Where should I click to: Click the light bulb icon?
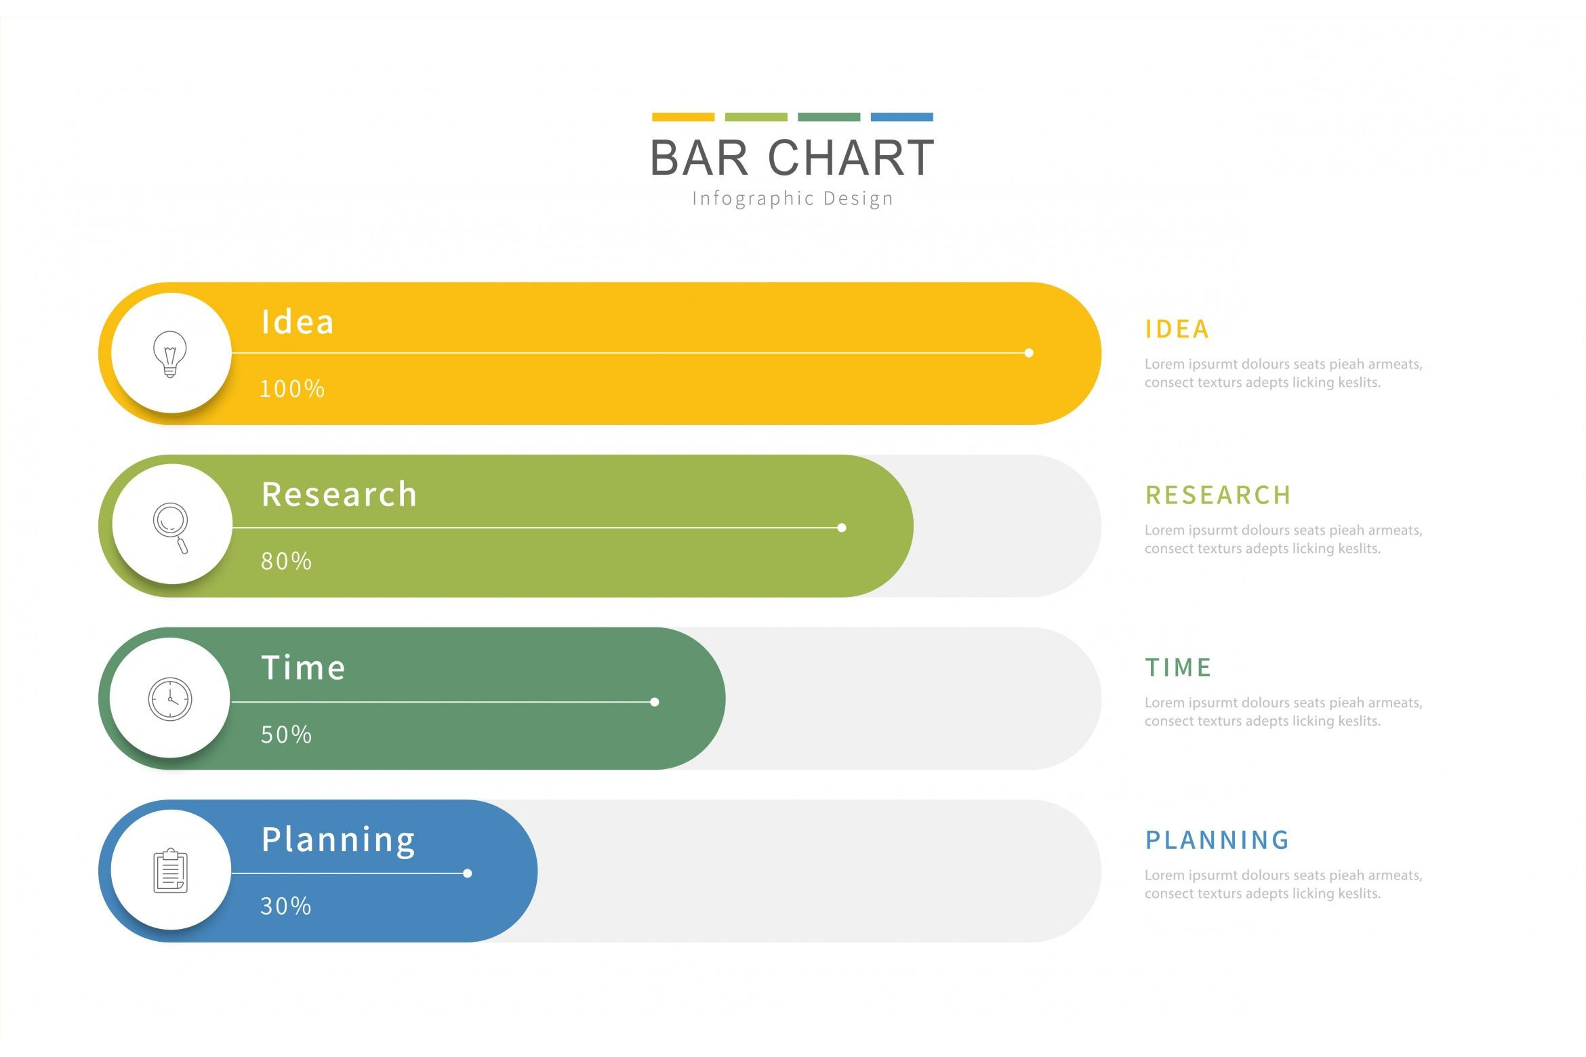(170, 354)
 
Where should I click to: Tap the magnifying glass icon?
(171, 528)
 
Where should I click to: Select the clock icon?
(170, 699)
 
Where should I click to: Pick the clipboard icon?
(171, 871)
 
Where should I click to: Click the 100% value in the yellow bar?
(293, 389)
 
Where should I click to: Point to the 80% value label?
(287, 561)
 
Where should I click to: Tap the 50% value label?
(287, 734)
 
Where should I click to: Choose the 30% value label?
(286, 906)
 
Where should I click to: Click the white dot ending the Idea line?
(1029, 353)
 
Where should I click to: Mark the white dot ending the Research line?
(842, 528)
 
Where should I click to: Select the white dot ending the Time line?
(655, 702)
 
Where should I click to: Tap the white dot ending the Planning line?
(468, 873)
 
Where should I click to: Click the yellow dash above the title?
(683, 117)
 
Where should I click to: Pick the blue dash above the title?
(902, 117)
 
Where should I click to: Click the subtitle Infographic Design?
(793, 199)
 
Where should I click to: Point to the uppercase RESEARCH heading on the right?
(1218, 495)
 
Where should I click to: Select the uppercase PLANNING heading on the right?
(1217, 840)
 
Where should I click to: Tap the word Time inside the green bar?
(304, 667)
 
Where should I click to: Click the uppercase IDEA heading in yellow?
(1177, 329)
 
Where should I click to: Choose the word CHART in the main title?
(851, 158)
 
